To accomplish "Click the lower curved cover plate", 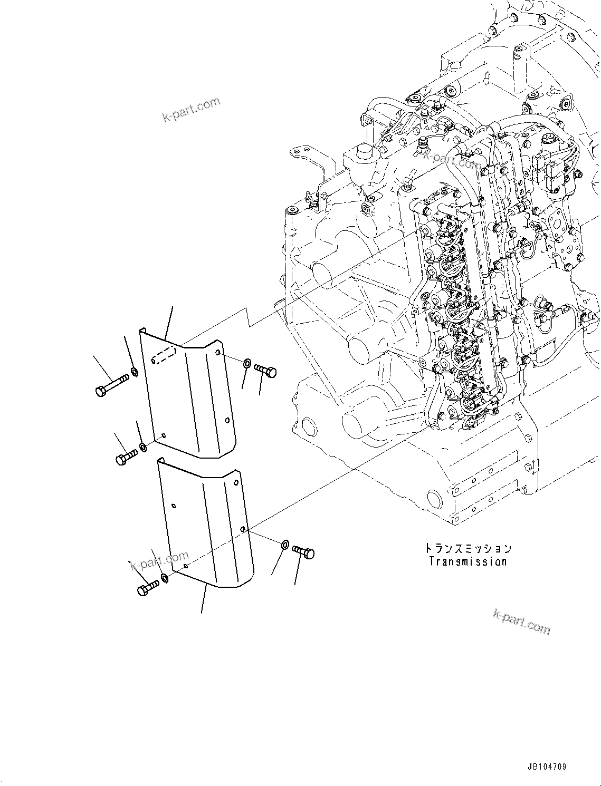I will tap(206, 527).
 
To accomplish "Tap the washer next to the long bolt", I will tap(135, 373).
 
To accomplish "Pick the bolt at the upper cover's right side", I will tap(265, 371).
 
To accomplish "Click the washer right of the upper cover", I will tap(247, 363).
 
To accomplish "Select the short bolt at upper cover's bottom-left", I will tap(126, 456).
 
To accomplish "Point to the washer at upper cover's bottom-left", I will tap(143, 449).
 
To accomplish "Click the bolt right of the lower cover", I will tap(303, 552).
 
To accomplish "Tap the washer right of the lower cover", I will tap(284, 544).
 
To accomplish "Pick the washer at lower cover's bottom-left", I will tap(165, 579).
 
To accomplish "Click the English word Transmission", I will tap(468, 561).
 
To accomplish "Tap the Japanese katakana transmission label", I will tap(468, 548).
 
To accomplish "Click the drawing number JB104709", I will tap(546, 766).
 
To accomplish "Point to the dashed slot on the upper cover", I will tap(163, 355).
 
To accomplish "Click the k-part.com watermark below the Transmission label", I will tap(521, 622).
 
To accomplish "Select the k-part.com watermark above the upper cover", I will tap(191, 109).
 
